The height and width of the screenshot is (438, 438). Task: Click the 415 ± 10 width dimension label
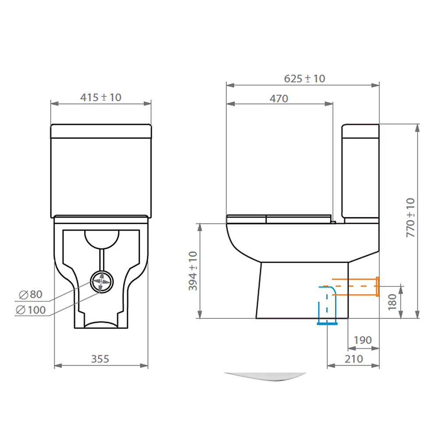tap(100, 97)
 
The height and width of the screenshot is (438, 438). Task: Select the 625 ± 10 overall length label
tap(304, 78)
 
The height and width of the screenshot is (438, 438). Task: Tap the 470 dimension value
tap(279, 99)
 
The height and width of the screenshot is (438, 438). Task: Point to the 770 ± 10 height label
tap(411, 218)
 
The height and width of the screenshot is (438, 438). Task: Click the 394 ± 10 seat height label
tap(193, 271)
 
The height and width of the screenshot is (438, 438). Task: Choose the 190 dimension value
tap(362, 340)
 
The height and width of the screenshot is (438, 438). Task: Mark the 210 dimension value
tap(354, 359)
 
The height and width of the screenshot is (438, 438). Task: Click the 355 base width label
tap(100, 359)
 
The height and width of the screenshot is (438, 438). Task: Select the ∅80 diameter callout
tap(31, 294)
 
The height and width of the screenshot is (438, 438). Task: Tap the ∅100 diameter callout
tap(31, 310)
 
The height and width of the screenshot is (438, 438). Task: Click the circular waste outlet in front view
tap(101, 282)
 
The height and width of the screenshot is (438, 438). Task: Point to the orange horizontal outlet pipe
tap(355, 287)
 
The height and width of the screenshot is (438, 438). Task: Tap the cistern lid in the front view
tap(101, 131)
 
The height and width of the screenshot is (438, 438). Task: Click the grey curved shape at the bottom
tap(265, 377)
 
